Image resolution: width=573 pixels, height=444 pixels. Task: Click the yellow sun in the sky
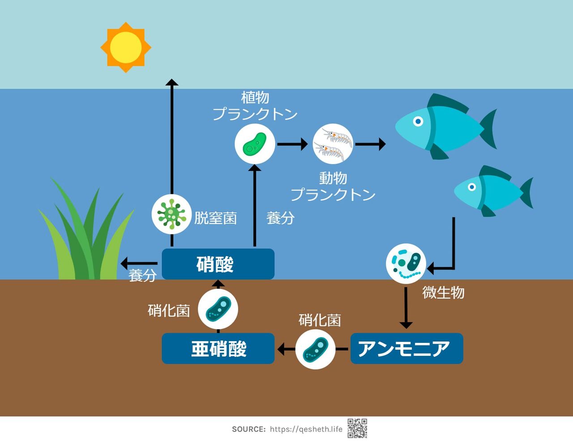tap(126, 47)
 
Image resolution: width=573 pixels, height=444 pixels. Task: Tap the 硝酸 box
tap(218, 264)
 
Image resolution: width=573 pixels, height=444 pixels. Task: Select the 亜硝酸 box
tap(218, 349)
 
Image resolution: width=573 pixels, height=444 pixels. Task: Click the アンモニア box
tap(406, 349)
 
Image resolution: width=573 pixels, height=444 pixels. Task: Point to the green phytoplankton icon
tap(255, 144)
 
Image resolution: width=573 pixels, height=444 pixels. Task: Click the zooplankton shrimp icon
tap(333, 144)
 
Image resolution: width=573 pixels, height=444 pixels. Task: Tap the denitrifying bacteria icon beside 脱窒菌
tap(171, 214)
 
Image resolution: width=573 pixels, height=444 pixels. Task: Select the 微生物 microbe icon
tap(406, 264)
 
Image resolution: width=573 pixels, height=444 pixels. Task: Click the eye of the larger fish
tap(418, 121)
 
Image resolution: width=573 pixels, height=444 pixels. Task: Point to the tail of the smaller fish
tap(526, 192)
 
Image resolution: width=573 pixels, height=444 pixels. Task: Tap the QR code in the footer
tap(357, 428)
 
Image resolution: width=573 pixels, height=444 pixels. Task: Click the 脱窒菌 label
tap(215, 218)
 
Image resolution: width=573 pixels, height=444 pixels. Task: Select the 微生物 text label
tap(443, 293)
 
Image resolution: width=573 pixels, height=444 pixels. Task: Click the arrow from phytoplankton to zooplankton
tap(292, 144)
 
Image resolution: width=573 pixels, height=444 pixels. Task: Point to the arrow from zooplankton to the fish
tap(370, 144)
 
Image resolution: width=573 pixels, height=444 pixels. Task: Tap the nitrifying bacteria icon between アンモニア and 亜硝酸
tap(315, 349)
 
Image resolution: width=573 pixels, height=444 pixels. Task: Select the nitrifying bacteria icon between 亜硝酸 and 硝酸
tap(218, 309)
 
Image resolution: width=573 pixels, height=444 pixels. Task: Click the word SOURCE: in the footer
tap(248, 429)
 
